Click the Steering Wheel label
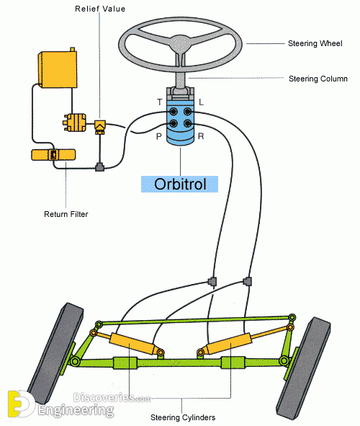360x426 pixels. (x=315, y=43)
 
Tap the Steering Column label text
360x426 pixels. (x=318, y=79)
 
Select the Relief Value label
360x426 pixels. (x=100, y=9)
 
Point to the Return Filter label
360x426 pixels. (x=66, y=214)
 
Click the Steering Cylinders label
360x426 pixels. (x=183, y=417)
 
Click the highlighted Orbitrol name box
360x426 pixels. (x=179, y=185)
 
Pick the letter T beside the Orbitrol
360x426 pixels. (x=160, y=102)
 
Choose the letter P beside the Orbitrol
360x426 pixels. (x=159, y=136)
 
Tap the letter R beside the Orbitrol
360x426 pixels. (x=201, y=136)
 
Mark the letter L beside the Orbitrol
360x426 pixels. (x=201, y=102)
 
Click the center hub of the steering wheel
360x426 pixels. (x=179, y=43)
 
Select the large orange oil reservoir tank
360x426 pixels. (x=58, y=68)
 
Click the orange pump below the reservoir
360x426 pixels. (x=75, y=123)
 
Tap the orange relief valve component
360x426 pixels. (x=100, y=127)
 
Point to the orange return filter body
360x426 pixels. (x=53, y=154)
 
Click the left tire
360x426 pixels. (x=55, y=353)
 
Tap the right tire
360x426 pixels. (x=303, y=369)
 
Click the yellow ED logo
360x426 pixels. (x=21, y=404)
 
